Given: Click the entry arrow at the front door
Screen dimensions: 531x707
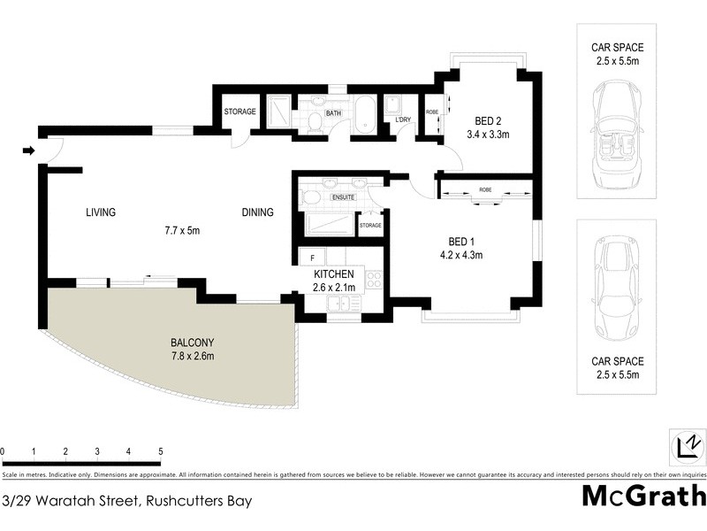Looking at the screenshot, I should pos(28,150).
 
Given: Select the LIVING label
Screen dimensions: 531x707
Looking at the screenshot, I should pos(101,212).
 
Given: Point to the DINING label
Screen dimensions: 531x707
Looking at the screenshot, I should pos(258,212).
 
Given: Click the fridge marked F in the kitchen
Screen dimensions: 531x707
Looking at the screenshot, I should pos(312,258).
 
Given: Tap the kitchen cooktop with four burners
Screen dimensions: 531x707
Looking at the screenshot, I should pos(373,280).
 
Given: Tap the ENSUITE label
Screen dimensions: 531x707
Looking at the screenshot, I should pos(343,196).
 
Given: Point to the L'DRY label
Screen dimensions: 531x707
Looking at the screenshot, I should pos(403,119).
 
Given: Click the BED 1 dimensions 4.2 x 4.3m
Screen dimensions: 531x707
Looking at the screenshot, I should pos(465,255).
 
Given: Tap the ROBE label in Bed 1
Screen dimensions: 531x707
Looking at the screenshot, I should pos(485,189).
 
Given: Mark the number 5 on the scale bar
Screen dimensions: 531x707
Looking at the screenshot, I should pos(161,451).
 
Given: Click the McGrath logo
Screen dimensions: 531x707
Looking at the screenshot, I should pos(643,496).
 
